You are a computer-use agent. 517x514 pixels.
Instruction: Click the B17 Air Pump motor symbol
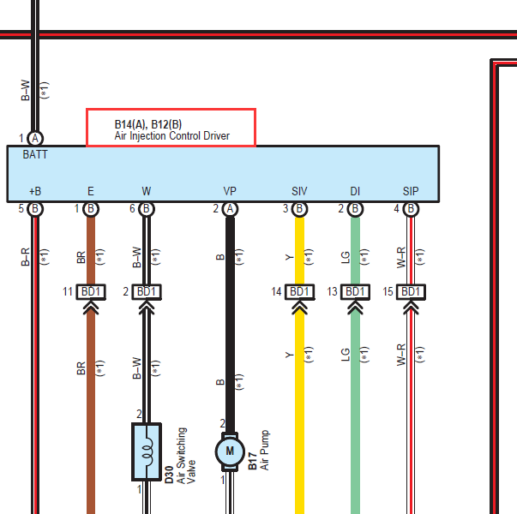click(230, 451)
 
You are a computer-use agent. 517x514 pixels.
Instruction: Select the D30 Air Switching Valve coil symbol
click(147, 451)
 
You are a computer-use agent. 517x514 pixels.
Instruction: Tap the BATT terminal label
click(35, 154)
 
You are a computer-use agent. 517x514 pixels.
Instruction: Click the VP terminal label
click(230, 191)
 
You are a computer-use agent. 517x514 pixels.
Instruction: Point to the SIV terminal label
click(299, 191)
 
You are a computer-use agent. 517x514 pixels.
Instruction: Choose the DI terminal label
click(355, 191)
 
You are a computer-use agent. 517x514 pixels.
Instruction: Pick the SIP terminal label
click(411, 191)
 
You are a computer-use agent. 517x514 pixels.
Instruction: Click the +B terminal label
click(35, 191)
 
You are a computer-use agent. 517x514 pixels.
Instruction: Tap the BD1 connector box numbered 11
click(91, 292)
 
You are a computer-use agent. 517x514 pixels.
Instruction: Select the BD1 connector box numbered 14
click(299, 292)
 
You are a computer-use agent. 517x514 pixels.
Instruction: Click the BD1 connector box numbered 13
click(355, 292)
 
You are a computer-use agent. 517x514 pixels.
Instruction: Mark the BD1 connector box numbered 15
click(411, 292)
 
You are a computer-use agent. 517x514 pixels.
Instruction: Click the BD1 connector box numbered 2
click(147, 292)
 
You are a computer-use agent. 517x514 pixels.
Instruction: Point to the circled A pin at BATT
click(35, 139)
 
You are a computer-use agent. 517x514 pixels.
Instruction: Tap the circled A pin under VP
click(230, 209)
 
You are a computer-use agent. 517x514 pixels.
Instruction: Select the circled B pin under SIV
click(299, 209)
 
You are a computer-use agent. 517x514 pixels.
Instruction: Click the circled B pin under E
click(91, 209)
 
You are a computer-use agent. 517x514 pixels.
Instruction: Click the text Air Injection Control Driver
click(171, 135)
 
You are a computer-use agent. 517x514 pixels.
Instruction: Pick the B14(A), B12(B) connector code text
click(148, 124)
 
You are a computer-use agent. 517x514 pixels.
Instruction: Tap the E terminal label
click(91, 191)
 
